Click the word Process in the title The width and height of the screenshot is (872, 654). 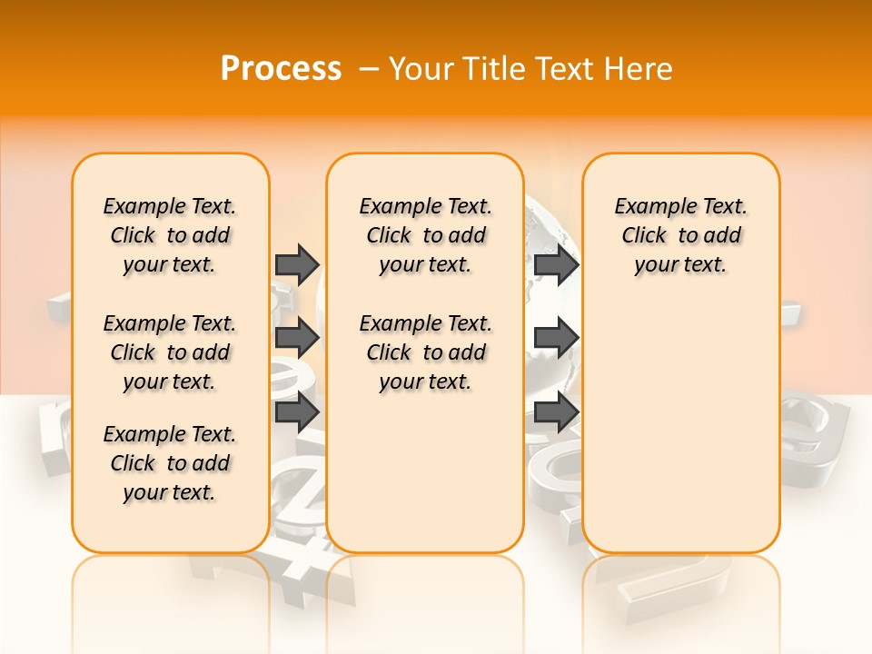pyautogui.click(x=281, y=69)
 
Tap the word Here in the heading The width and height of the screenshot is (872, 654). pyautogui.click(x=638, y=69)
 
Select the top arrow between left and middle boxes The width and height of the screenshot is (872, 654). pyautogui.click(x=297, y=264)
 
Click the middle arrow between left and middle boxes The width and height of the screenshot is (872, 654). pyautogui.click(x=297, y=338)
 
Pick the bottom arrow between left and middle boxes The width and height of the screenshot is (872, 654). pyautogui.click(x=297, y=412)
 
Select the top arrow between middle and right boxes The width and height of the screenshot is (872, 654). pyautogui.click(x=556, y=264)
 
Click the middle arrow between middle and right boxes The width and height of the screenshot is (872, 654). pyautogui.click(x=556, y=338)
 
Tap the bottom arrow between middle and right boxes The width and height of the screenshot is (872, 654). pyautogui.click(x=556, y=412)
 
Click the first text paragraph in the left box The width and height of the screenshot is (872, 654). pyautogui.click(x=170, y=235)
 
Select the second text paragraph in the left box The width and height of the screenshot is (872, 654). pyautogui.click(x=170, y=352)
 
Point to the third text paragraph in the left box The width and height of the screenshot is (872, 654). pyautogui.click(x=170, y=463)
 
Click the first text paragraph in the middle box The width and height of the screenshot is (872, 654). pyautogui.click(x=425, y=235)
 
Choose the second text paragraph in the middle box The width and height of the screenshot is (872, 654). pyautogui.click(x=425, y=352)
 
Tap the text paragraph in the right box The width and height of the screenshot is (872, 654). pyautogui.click(x=680, y=235)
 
